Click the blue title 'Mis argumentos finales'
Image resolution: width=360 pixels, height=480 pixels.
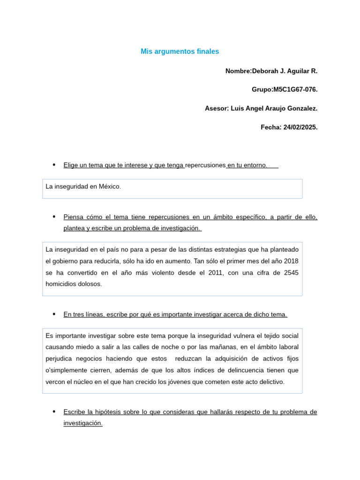pyautogui.click(x=180, y=52)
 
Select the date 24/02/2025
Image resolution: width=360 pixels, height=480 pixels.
pyautogui.click(x=300, y=127)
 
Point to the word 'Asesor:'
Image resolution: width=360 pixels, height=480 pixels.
pyautogui.click(x=217, y=108)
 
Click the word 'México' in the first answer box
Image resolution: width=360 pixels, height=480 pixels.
pyautogui.click(x=110, y=187)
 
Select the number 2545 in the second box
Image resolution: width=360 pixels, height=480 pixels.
pyautogui.click(x=291, y=272)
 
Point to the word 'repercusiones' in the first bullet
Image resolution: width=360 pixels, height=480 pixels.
pyautogui.click(x=205, y=165)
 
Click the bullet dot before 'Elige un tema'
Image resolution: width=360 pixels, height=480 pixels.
pyautogui.click(x=54, y=165)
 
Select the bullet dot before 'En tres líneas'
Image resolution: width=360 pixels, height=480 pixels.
pyautogui.click(x=54, y=314)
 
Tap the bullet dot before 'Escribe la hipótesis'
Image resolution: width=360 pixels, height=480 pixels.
pyautogui.click(x=54, y=412)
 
